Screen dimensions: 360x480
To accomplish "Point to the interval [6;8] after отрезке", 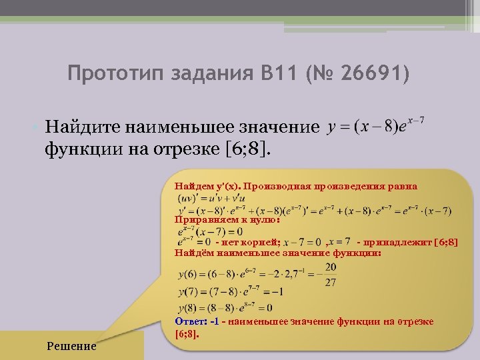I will [247, 146].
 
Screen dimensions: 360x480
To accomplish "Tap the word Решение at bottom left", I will [71, 346].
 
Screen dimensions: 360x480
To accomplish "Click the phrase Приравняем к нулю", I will [227, 219].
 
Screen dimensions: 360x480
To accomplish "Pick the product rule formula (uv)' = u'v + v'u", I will [212, 198].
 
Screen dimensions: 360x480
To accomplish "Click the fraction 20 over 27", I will [330, 274].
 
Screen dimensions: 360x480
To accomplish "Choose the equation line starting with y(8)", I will [225, 308].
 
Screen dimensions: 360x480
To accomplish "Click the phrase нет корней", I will [253, 241].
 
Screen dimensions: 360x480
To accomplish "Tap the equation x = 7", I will [339, 241].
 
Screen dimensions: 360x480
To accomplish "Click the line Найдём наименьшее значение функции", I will [277, 253].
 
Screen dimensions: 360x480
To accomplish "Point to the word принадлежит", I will [399, 241].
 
